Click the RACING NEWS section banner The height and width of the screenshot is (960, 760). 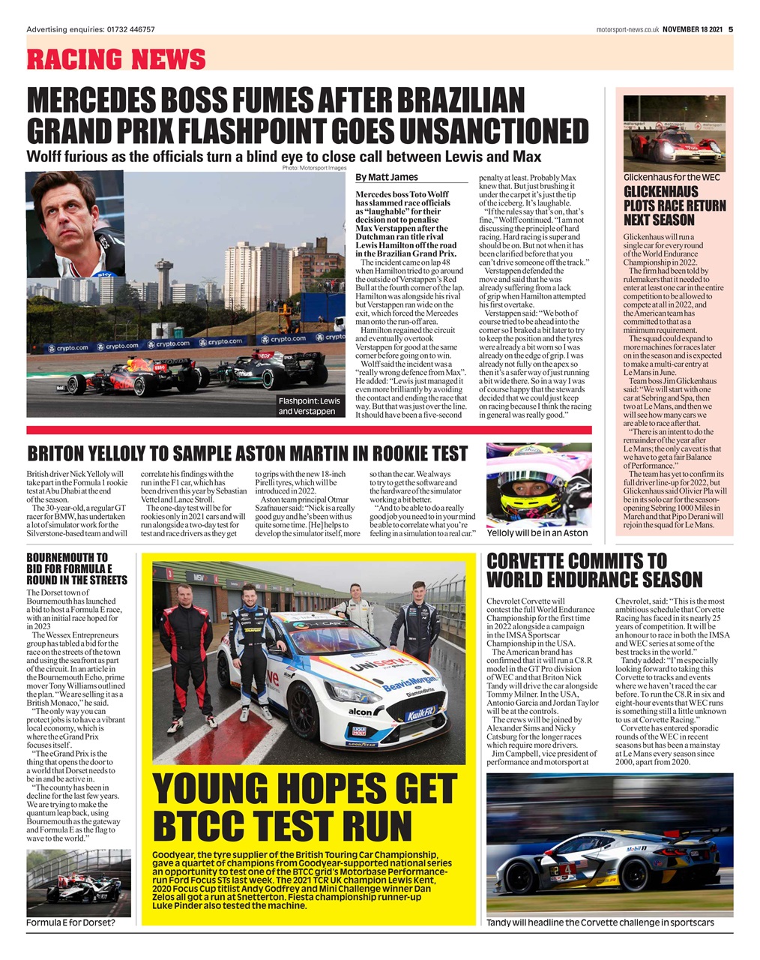pos(116,58)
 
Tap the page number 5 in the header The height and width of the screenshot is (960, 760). pos(731,29)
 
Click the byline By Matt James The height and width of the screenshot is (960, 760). pos(387,177)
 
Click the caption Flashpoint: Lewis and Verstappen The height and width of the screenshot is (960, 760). pos(309,406)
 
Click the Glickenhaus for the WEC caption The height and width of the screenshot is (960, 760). pos(672,177)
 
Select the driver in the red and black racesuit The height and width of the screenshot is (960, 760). pos(184,652)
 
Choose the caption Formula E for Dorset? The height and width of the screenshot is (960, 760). pos(70,922)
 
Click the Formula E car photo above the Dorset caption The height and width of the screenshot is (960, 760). pos(78,883)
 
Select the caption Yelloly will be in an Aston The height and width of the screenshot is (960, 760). pos(537,532)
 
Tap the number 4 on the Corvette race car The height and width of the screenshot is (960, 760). pos(567,868)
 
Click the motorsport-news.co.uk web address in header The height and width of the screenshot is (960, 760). pos(627,29)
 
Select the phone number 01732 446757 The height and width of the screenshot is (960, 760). pos(127,29)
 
